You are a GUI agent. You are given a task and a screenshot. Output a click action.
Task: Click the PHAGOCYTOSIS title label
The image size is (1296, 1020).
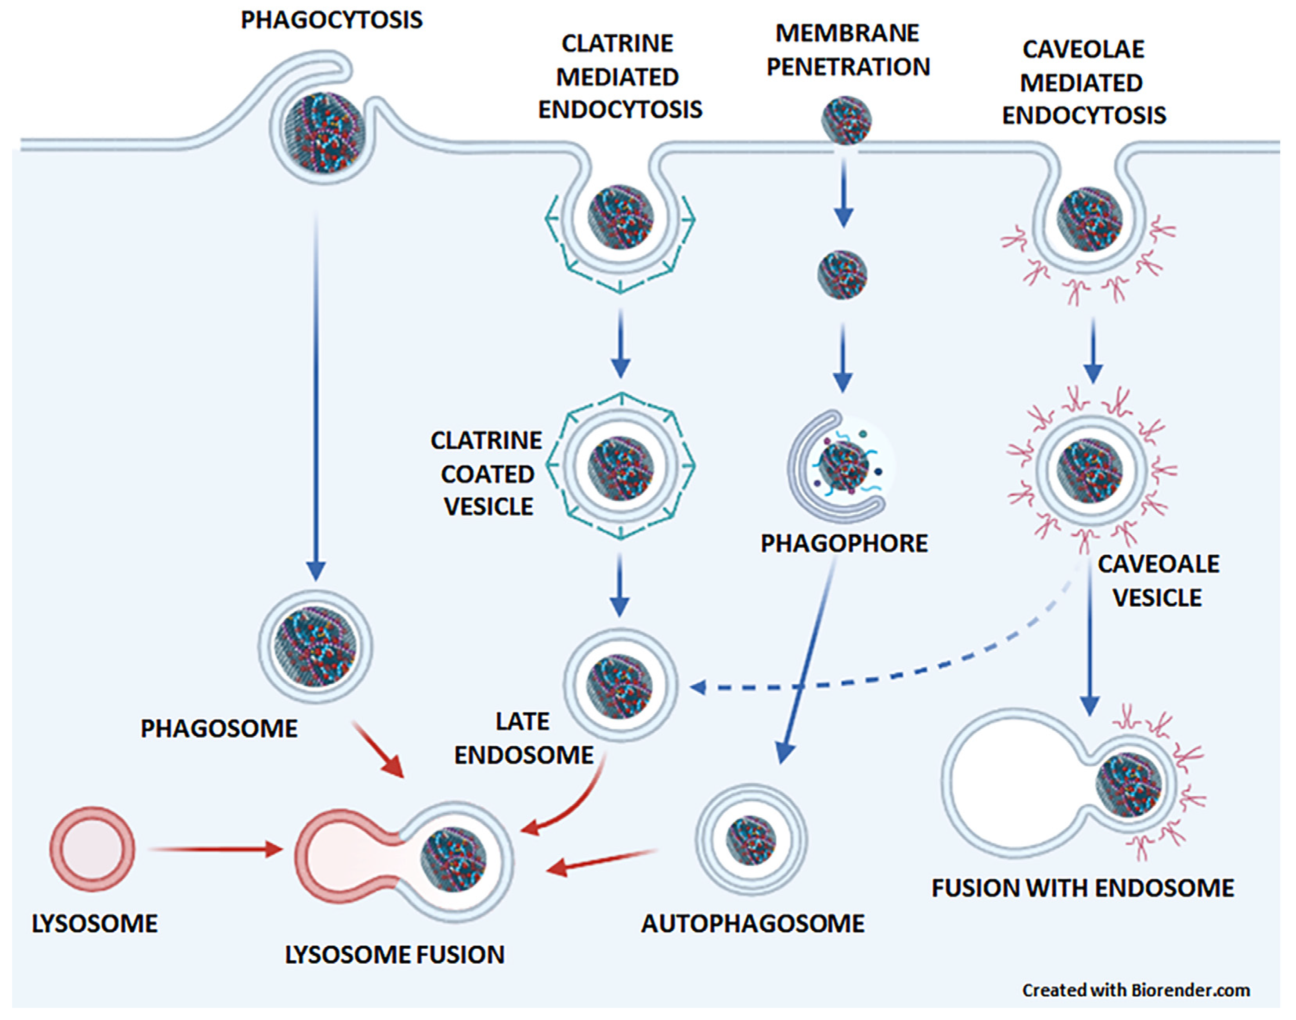pyautogui.click(x=331, y=20)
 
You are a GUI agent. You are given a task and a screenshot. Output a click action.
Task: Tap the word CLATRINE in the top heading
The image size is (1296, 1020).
pyautogui.click(x=617, y=43)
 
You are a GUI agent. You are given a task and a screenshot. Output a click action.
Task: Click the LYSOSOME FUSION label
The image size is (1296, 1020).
pyautogui.click(x=394, y=954)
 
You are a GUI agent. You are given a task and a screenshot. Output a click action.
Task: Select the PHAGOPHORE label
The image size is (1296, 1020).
pyautogui.click(x=844, y=543)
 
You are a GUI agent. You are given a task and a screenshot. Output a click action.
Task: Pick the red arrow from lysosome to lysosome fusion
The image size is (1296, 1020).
pyautogui.click(x=215, y=848)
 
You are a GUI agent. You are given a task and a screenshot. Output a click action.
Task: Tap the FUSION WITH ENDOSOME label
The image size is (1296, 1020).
pyautogui.click(x=1082, y=888)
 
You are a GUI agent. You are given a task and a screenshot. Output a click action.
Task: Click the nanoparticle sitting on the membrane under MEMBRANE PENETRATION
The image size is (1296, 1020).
pyautogui.click(x=846, y=121)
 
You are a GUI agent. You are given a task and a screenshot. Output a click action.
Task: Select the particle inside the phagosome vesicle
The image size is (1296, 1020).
pyautogui.click(x=315, y=646)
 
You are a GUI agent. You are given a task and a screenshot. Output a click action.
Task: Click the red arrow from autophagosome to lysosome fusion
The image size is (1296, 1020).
pyautogui.click(x=603, y=860)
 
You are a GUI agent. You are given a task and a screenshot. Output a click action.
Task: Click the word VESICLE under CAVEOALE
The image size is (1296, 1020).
pyautogui.click(x=1157, y=598)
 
